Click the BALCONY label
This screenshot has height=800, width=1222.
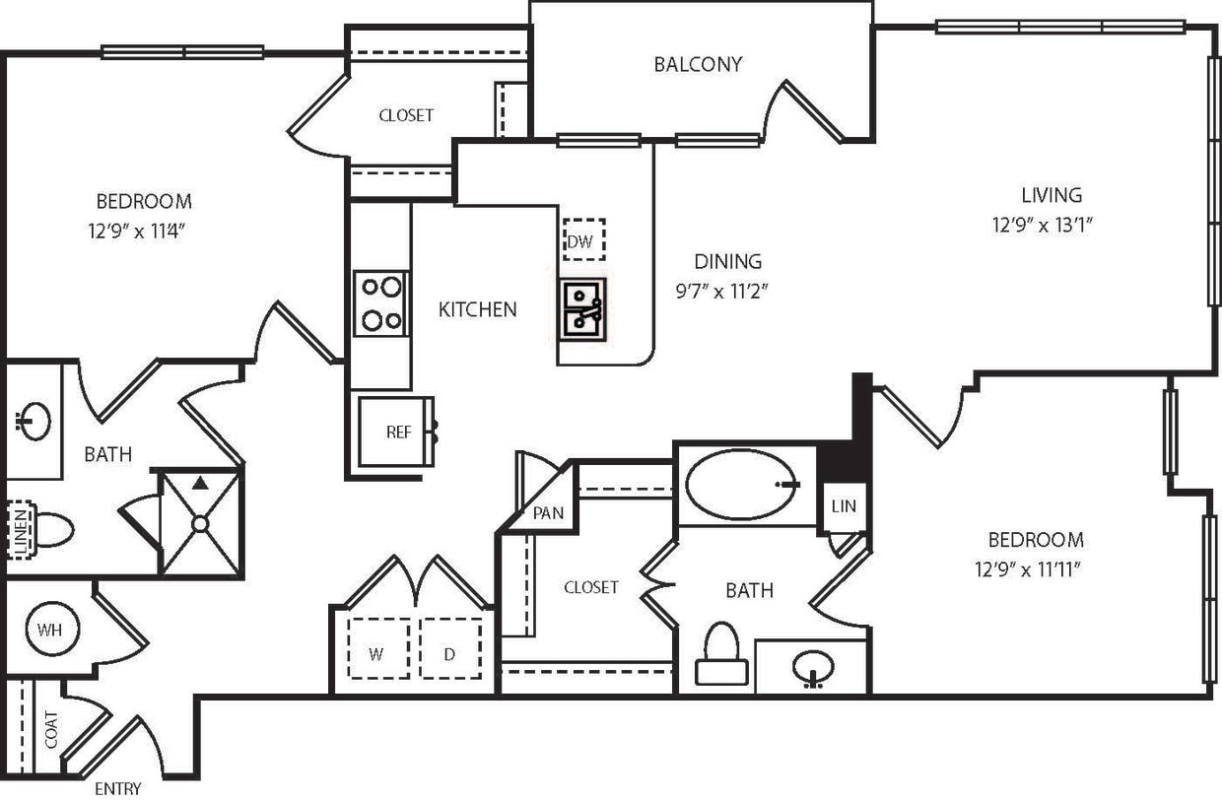pos(698,65)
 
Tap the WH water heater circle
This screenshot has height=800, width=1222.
pos(46,629)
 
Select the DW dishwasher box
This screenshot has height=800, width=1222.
pos(583,240)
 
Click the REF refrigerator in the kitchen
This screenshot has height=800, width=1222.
pos(396,432)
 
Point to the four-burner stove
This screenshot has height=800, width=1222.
pos(381,303)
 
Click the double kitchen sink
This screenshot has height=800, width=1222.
pos(583,308)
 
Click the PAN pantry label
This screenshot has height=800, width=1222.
pos(548,513)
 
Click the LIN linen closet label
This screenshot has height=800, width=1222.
pos(845,506)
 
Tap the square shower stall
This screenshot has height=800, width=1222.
pos(200,522)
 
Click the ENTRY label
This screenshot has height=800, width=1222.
pos(117,788)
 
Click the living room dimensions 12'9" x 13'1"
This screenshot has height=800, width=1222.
pos(1044,225)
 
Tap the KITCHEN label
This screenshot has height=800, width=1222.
pos(477,309)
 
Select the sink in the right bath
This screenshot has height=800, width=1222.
pos(812,668)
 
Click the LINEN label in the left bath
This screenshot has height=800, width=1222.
pos(20,529)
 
